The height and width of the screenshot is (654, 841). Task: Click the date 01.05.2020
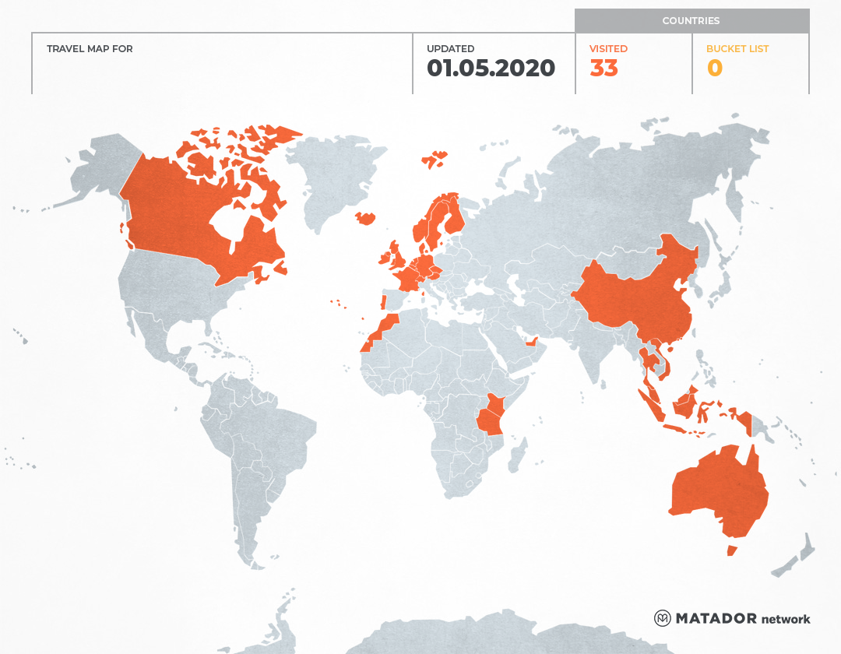[x=491, y=69]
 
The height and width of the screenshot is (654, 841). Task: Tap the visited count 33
[x=603, y=69]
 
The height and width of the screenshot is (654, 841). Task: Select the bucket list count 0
[x=714, y=69]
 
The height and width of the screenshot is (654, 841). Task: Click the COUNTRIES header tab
[x=691, y=21]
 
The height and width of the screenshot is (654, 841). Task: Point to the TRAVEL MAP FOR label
[x=90, y=49]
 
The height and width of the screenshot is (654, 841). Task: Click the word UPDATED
[x=450, y=49]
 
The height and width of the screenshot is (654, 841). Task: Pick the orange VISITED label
[x=608, y=49]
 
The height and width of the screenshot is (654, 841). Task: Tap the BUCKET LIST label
[x=737, y=49]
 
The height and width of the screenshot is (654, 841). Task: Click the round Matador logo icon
[x=663, y=618]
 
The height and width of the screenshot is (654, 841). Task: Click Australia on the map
[x=716, y=490]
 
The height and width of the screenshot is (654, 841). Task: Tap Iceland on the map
[x=365, y=219]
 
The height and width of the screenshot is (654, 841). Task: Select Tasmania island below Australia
[x=731, y=550]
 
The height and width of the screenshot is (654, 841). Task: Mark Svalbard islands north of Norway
[x=435, y=160]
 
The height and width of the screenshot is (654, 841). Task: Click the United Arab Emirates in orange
[x=533, y=342]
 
